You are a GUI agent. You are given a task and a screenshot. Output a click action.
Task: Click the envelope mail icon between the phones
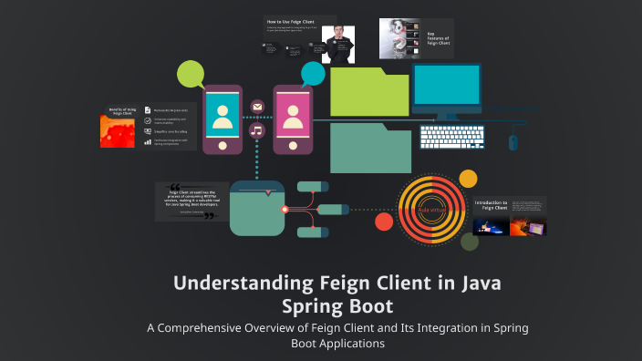click(257, 108)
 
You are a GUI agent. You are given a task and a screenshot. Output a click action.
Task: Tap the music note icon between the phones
click(256, 130)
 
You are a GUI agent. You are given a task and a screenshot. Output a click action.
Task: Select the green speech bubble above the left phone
click(191, 74)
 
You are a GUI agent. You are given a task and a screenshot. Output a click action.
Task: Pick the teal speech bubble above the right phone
click(313, 74)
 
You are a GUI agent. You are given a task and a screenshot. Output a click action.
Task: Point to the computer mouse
click(513, 142)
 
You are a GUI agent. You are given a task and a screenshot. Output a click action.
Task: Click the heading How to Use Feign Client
click(285, 20)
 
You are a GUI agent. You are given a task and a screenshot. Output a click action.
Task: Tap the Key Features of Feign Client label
click(440, 40)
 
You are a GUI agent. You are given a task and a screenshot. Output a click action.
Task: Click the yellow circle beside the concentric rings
click(468, 179)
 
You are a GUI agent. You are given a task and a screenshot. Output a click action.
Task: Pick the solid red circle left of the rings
click(384, 222)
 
